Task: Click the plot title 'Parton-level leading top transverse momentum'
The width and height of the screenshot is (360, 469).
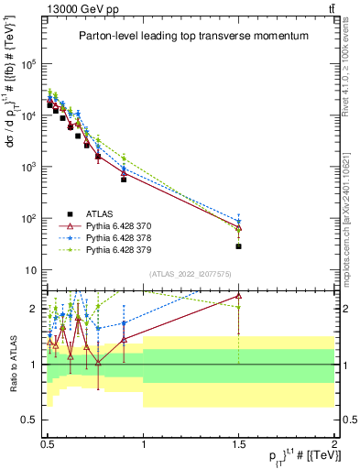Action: pyautogui.click(x=191, y=37)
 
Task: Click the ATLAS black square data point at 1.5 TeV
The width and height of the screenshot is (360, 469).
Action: pyautogui.click(x=238, y=246)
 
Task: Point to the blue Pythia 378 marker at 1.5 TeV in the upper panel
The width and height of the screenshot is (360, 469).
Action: pyautogui.click(x=238, y=222)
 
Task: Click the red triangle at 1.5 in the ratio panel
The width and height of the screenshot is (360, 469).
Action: pyautogui.click(x=238, y=296)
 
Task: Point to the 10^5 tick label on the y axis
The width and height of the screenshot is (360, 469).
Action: pyautogui.click(x=30, y=65)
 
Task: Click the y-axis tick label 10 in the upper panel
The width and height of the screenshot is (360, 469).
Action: pyautogui.click(x=33, y=270)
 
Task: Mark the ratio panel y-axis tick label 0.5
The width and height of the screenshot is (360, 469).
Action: pyautogui.click(x=30, y=420)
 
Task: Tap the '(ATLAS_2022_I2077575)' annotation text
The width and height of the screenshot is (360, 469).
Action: pyautogui.click(x=191, y=274)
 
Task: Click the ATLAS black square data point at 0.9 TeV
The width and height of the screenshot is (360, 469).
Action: pyautogui.click(x=124, y=179)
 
